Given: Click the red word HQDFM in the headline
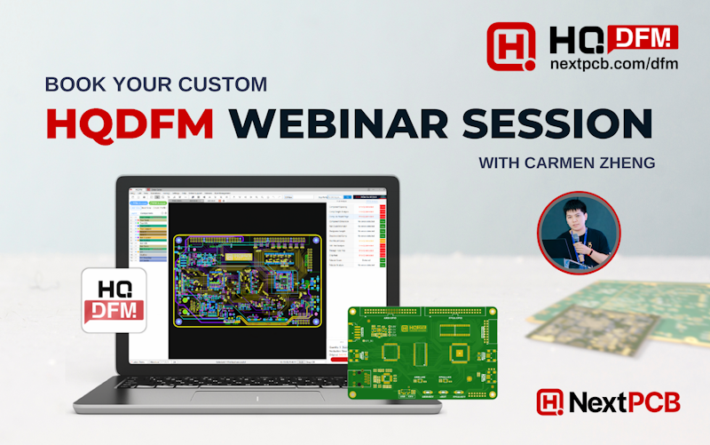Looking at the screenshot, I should click(x=130, y=123).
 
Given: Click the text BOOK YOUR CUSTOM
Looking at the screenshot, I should click(x=155, y=85).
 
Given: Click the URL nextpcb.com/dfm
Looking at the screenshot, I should click(x=613, y=65).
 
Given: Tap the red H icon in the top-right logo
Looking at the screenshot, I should click(x=512, y=46).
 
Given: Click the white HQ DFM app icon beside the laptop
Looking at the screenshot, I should click(x=114, y=300).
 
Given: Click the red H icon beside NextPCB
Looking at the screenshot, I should click(x=550, y=401).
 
